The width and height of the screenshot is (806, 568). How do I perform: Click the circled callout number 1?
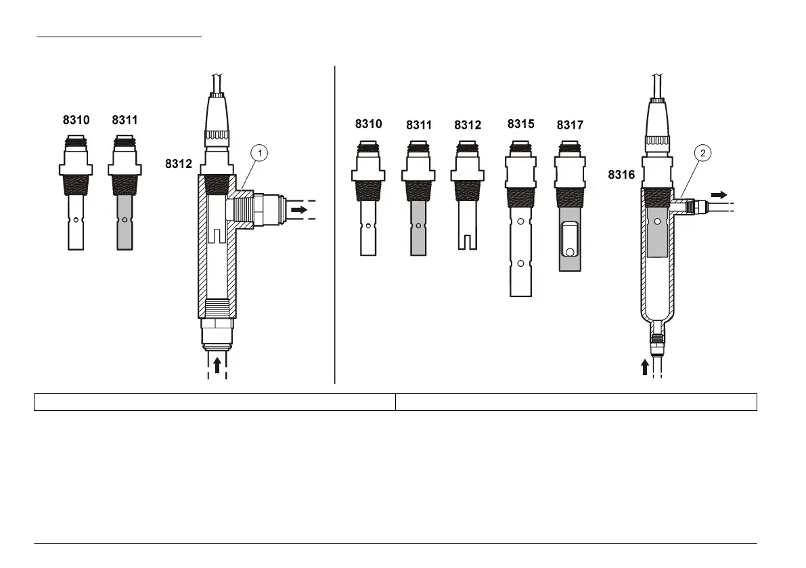pos(260,153)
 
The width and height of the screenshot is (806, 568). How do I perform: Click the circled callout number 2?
pos(702,153)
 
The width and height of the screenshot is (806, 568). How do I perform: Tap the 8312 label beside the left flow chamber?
pos(179,164)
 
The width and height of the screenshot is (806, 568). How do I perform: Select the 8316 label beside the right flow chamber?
pos(621,175)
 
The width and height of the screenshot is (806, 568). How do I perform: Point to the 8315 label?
pos(520,124)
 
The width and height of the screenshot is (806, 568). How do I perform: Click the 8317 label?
pos(570,125)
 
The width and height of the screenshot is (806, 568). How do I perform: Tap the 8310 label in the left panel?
pos(76,120)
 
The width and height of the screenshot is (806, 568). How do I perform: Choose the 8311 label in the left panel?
pos(125,120)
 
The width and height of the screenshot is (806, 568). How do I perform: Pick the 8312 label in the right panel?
pos(468,125)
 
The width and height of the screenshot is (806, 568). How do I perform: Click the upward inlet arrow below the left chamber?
pos(217,365)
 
